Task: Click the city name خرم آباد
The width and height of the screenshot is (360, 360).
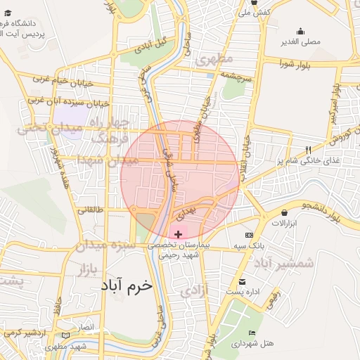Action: point(127,286)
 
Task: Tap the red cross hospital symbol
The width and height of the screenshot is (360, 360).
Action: point(178,233)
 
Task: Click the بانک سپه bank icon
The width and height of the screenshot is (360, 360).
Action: point(248,234)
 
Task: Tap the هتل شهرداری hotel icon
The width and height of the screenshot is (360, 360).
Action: point(252,333)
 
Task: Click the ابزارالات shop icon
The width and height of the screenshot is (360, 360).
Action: point(284,212)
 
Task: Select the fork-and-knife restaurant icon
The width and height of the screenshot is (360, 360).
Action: point(308,150)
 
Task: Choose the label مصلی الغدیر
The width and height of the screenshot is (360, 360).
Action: point(300,41)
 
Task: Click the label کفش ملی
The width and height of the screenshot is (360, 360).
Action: point(255,13)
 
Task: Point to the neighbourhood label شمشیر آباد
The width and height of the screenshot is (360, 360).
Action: point(281,263)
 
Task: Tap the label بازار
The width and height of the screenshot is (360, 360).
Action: point(83,269)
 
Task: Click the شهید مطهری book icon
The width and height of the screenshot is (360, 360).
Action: point(66,335)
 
